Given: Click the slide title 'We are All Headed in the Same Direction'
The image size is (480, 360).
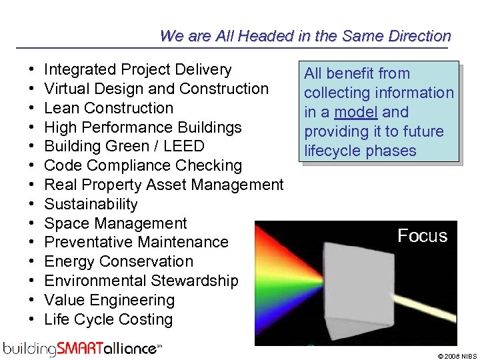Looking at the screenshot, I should [x=305, y=36].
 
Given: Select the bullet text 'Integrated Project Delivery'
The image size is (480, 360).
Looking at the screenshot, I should [x=137, y=69].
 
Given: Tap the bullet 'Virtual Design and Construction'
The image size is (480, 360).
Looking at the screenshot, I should [x=156, y=89].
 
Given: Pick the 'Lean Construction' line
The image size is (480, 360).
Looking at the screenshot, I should [x=108, y=108].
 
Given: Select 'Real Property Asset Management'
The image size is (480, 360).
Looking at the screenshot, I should [x=163, y=185].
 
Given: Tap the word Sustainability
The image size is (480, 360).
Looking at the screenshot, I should [x=91, y=204].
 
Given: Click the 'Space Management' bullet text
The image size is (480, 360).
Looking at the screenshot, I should [x=115, y=223].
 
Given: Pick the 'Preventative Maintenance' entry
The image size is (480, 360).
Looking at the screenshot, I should [x=136, y=242].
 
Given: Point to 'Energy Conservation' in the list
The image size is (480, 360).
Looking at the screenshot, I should [x=119, y=261].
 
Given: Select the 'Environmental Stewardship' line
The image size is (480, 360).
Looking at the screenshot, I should [x=141, y=281].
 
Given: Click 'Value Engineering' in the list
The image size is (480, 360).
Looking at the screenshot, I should [x=109, y=300].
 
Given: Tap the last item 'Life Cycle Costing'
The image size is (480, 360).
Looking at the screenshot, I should [x=108, y=319].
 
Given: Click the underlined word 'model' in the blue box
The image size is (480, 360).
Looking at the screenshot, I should [x=356, y=112].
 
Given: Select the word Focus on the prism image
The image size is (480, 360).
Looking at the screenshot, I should [x=422, y=235].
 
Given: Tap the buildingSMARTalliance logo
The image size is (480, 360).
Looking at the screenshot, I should [x=82, y=347].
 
